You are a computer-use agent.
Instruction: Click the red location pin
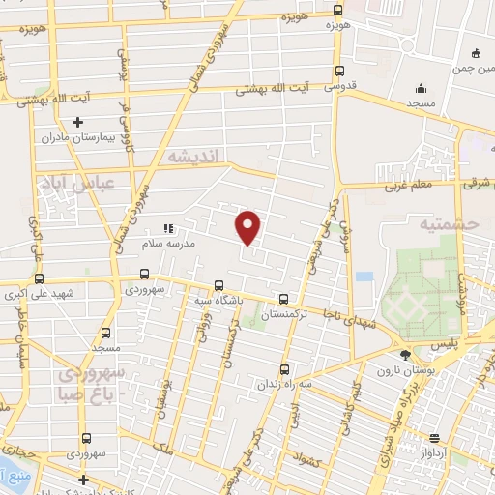[248, 226]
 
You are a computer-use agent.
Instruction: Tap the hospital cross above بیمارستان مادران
[78, 122]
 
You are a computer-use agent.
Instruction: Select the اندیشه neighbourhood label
[194, 156]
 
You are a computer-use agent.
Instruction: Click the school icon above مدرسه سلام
[168, 229]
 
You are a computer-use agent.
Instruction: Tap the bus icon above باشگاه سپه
[219, 285]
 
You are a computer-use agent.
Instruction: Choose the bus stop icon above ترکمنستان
[283, 300]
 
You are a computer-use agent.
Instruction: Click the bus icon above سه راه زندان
[283, 368]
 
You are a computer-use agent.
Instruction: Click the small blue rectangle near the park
[364, 277]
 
